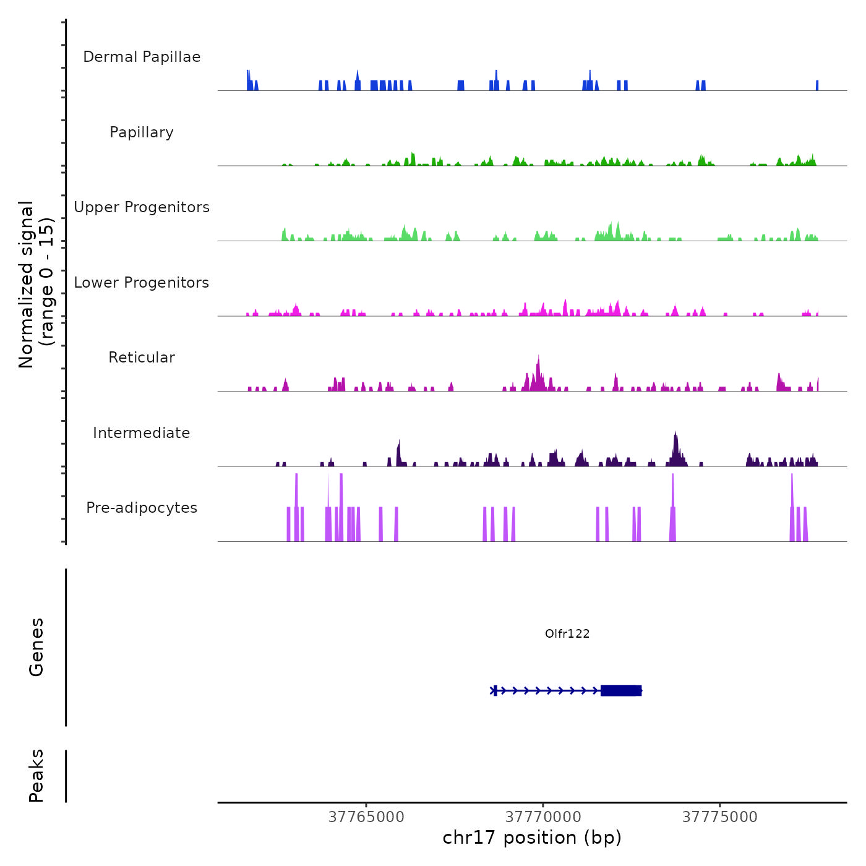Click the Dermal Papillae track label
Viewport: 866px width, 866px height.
point(142,57)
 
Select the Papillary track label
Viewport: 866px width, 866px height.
point(142,132)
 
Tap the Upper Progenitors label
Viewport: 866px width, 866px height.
point(142,207)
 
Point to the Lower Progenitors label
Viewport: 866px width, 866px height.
point(142,283)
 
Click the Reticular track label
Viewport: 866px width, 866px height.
point(142,358)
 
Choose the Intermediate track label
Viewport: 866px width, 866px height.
point(142,433)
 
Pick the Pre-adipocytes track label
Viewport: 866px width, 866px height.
point(142,508)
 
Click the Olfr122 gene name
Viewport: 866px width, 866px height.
point(567,633)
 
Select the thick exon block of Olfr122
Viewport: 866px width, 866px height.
point(620,690)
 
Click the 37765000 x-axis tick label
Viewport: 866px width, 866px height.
point(366,817)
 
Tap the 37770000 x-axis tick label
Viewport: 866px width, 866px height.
point(543,817)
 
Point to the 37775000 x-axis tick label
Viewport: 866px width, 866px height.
point(720,817)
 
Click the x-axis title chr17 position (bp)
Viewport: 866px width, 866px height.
point(532,838)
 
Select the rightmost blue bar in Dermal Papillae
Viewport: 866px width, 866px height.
point(817,85)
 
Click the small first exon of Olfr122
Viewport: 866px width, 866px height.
point(495,690)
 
